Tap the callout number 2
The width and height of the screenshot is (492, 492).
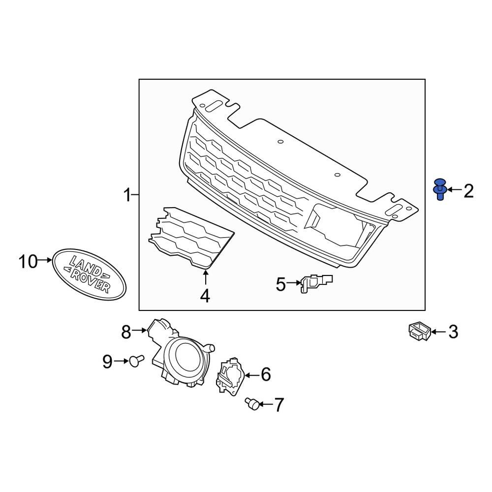tap(468, 190)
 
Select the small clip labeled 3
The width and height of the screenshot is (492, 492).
tap(419, 331)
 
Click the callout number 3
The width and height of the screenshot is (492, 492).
tap(453, 332)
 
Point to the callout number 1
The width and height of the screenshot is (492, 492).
tap(127, 196)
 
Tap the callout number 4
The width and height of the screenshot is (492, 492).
tap(205, 296)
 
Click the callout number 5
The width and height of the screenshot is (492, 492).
tap(280, 284)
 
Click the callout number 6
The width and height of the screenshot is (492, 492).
tap(265, 375)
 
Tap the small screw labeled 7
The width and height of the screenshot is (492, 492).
tap(252, 404)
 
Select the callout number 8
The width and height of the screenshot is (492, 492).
tap(126, 332)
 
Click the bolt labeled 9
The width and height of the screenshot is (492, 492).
tap(136, 362)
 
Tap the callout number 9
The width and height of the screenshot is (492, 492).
tap(108, 362)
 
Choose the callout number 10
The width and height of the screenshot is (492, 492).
tap(28, 261)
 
